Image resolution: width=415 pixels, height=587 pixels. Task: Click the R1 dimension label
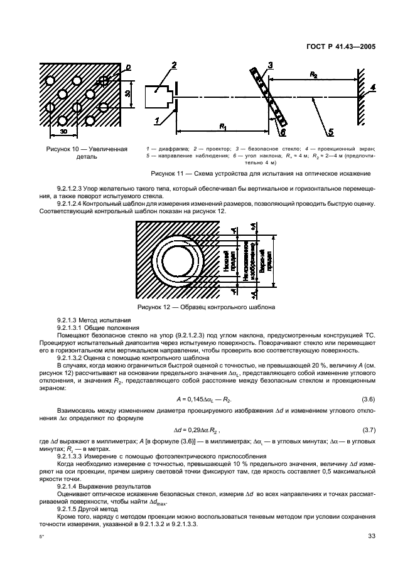[x=222, y=126]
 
